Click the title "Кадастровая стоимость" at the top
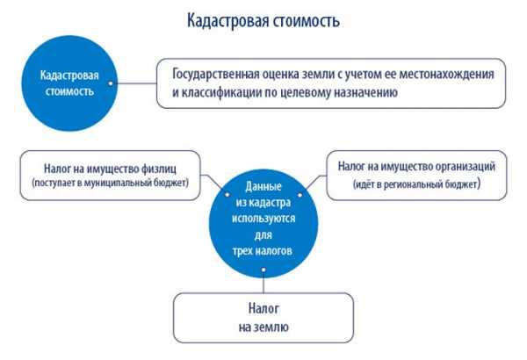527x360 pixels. (x=263, y=21)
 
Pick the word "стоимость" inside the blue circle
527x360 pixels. (x=69, y=91)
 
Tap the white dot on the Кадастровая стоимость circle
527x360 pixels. (x=111, y=83)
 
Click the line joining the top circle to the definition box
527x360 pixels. (x=134, y=83)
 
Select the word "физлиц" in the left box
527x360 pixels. (x=159, y=169)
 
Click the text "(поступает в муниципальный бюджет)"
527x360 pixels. (x=111, y=183)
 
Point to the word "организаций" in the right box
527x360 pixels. (x=466, y=167)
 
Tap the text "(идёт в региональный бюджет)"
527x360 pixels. (x=416, y=184)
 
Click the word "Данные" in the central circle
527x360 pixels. (x=263, y=186)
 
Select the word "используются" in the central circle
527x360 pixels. (x=263, y=219)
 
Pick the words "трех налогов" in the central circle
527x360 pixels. (x=262, y=251)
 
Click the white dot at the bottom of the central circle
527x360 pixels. (x=263, y=270)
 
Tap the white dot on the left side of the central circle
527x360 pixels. (x=227, y=195)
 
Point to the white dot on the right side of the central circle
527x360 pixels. (x=300, y=195)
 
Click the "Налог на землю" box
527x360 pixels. (x=263, y=318)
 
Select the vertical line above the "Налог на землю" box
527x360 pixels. (x=263, y=283)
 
